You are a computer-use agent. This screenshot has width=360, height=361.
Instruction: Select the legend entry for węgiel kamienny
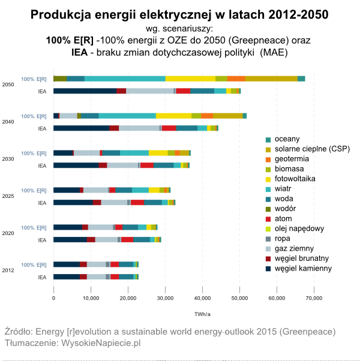coord(303,268)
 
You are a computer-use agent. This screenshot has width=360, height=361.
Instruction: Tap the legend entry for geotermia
coord(292,158)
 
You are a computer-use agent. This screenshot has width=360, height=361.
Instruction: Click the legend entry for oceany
coord(287,139)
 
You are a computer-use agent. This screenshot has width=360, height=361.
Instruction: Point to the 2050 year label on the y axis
coord(8,85)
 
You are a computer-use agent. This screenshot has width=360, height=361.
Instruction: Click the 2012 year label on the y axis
coord(8,271)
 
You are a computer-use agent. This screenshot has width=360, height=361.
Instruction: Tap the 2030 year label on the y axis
coord(8,160)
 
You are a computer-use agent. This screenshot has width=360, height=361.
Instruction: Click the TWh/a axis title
coord(202,314)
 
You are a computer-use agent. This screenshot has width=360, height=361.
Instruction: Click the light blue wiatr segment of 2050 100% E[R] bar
coord(125,79)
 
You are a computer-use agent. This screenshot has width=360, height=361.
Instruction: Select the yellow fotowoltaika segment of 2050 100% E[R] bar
coord(190,79)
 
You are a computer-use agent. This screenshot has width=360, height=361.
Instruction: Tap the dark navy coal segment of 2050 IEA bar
coord(85,91)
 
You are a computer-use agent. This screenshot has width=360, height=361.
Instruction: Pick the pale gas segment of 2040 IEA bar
coord(139,128)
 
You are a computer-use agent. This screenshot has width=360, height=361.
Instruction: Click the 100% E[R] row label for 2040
coord(34,116)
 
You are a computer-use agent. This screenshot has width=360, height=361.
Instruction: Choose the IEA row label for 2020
coord(42,240)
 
